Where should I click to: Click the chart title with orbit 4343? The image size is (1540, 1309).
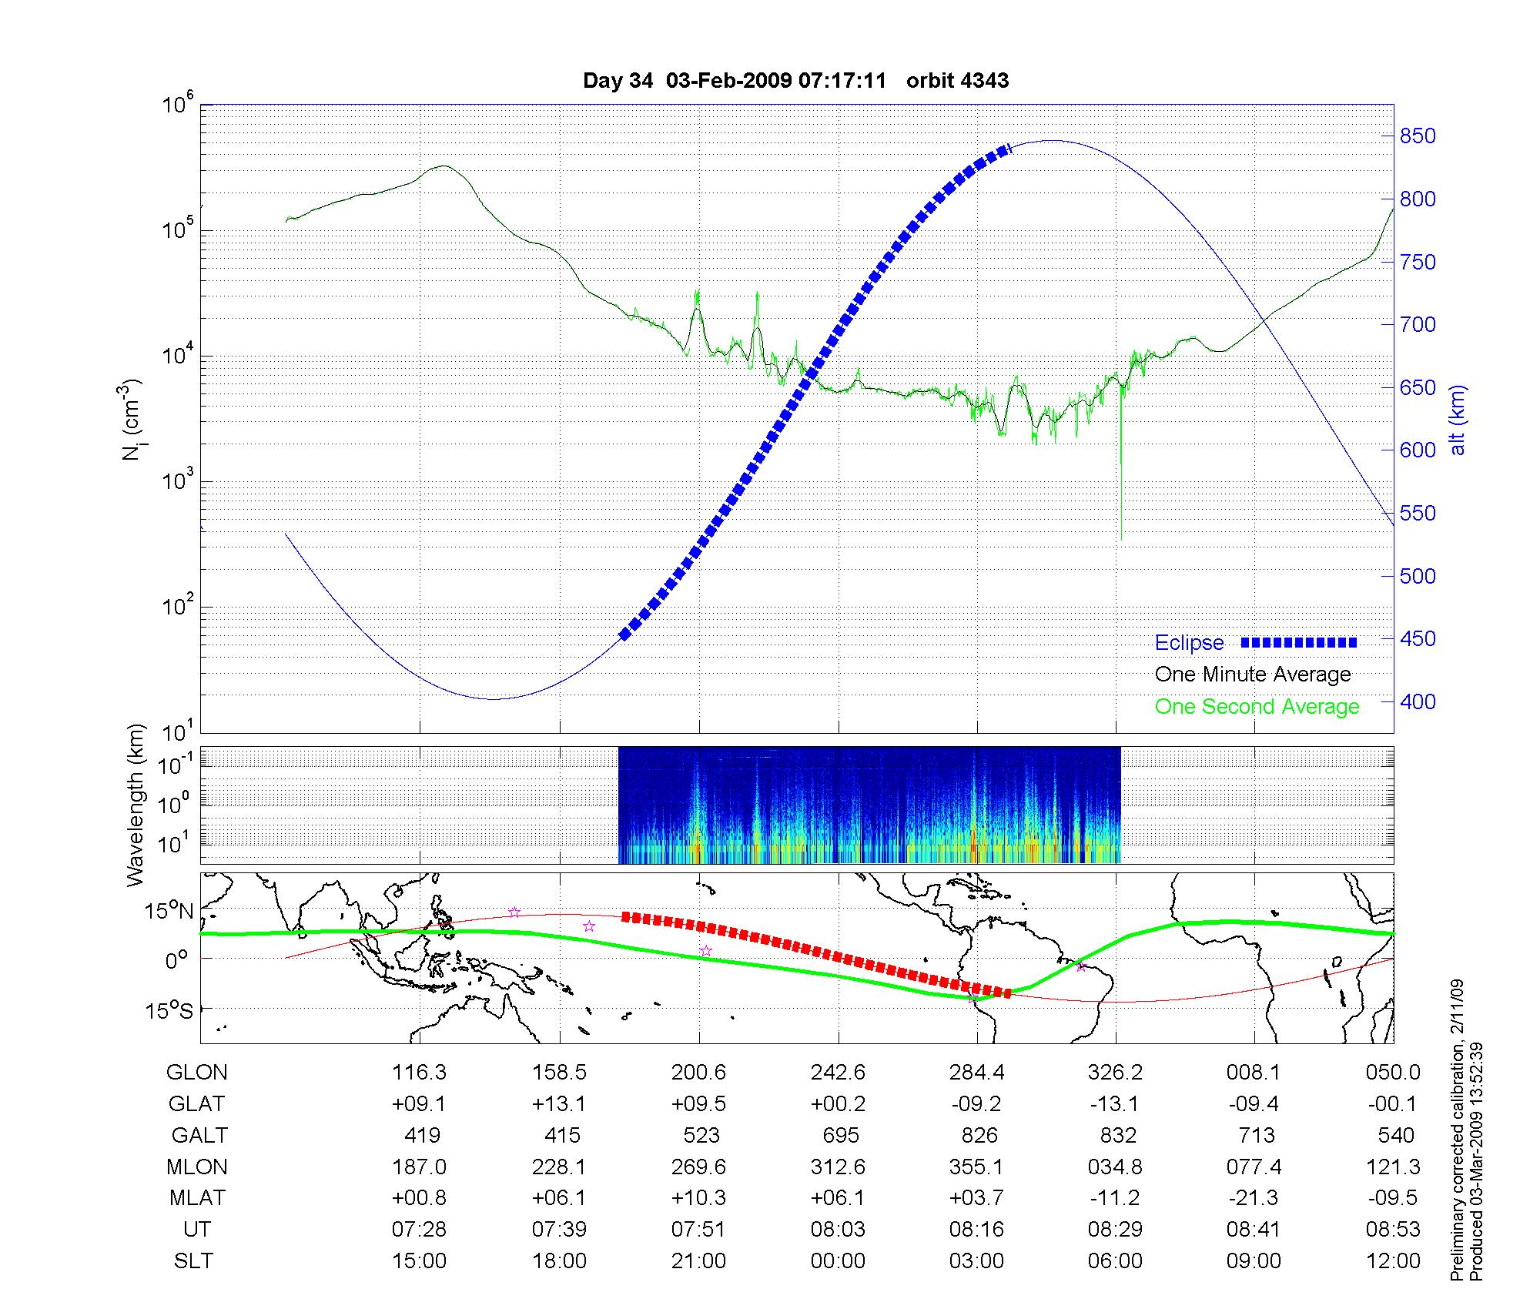[x=795, y=81]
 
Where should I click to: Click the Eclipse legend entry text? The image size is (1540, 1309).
[x=1189, y=643]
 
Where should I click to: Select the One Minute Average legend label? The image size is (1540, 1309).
[x=1253, y=675]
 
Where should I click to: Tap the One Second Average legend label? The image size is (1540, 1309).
[x=1257, y=707]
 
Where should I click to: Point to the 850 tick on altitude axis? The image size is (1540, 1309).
[x=1418, y=136]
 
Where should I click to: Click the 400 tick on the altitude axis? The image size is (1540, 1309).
[x=1418, y=701]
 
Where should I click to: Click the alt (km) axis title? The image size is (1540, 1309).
[x=1458, y=420]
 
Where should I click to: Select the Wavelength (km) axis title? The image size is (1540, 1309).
[x=136, y=805]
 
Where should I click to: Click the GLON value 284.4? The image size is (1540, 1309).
[x=976, y=1072]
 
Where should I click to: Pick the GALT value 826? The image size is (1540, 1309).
[x=979, y=1135]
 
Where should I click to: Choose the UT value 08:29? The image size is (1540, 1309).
[x=1115, y=1230]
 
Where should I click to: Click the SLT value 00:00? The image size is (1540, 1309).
[x=838, y=1261]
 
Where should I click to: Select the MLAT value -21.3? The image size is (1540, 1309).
[x=1254, y=1198]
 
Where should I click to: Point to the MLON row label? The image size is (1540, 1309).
[x=197, y=1167]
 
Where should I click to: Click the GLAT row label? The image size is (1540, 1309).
[x=196, y=1103]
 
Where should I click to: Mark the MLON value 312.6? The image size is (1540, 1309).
[x=838, y=1167]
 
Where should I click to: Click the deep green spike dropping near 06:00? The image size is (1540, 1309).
[x=1121, y=477]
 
